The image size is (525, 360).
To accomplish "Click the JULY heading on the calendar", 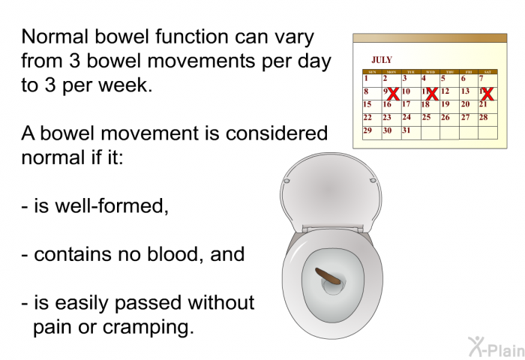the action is pyautogui.click(x=381, y=60).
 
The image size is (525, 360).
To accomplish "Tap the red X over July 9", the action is pyautogui.click(x=394, y=94).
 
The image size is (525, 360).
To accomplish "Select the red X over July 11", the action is pyautogui.click(x=432, y=94).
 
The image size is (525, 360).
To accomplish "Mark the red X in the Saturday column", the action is pyautogui.click(x=487, y=94).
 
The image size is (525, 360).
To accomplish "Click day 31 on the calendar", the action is pyautogui.click(x=406, y=130).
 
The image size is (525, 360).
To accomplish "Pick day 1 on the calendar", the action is pyautogui.click(x=366, y=79).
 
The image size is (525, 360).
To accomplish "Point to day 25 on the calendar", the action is pyautogui.click(x=426, y=117).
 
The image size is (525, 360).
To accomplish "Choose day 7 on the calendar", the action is pyautogui.click(x=481, y=79).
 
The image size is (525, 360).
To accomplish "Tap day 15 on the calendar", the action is pyautogui.click(x=367, y=104).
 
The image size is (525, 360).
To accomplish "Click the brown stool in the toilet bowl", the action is pyautogui.click(x=330, y=277).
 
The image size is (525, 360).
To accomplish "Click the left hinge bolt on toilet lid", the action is pyautogui.click(x=286, y=181).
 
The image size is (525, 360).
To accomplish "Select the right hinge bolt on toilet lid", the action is pyautogui.click(x=373, y=181).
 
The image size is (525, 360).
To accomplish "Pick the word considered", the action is pyautogui.click(x=277, y=133).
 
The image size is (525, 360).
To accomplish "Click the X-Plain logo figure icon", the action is pyautogui.click(x=476, y=346).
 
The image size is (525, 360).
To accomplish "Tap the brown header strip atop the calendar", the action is pyautogui.click(x=430, y=37).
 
